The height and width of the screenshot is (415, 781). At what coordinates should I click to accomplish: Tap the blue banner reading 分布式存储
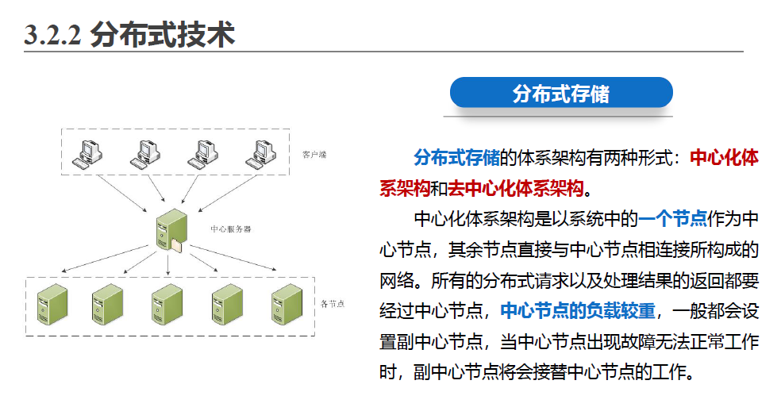point(560,93)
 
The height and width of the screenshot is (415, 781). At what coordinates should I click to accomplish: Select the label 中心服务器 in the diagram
point(230,229)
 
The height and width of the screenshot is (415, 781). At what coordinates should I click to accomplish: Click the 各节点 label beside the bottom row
point(332,303)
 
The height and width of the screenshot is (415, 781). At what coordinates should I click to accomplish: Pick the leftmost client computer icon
point(87,152)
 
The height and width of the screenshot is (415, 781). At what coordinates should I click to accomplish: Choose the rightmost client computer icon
point(259,152)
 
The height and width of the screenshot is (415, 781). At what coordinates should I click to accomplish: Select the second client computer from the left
point(144,152)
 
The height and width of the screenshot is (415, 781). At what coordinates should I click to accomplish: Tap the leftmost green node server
point(53,304)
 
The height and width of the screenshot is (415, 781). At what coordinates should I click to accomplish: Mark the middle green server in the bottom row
point(167,304)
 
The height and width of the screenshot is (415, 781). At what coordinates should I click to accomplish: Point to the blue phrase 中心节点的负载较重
point(577,311)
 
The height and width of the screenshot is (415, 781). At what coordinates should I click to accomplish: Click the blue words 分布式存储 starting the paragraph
point(456,157)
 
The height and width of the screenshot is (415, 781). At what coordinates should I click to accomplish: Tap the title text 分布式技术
point(163,36)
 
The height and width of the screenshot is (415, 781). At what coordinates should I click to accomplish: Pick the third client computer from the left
point(202,152)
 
